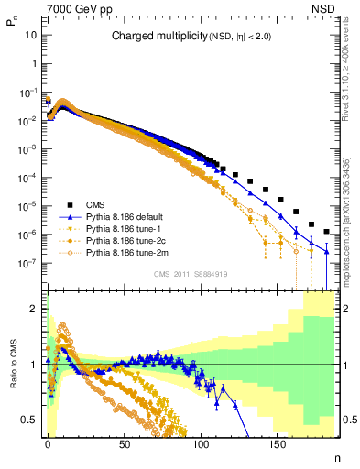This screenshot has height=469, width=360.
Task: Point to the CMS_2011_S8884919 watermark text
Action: pos(190,273)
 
